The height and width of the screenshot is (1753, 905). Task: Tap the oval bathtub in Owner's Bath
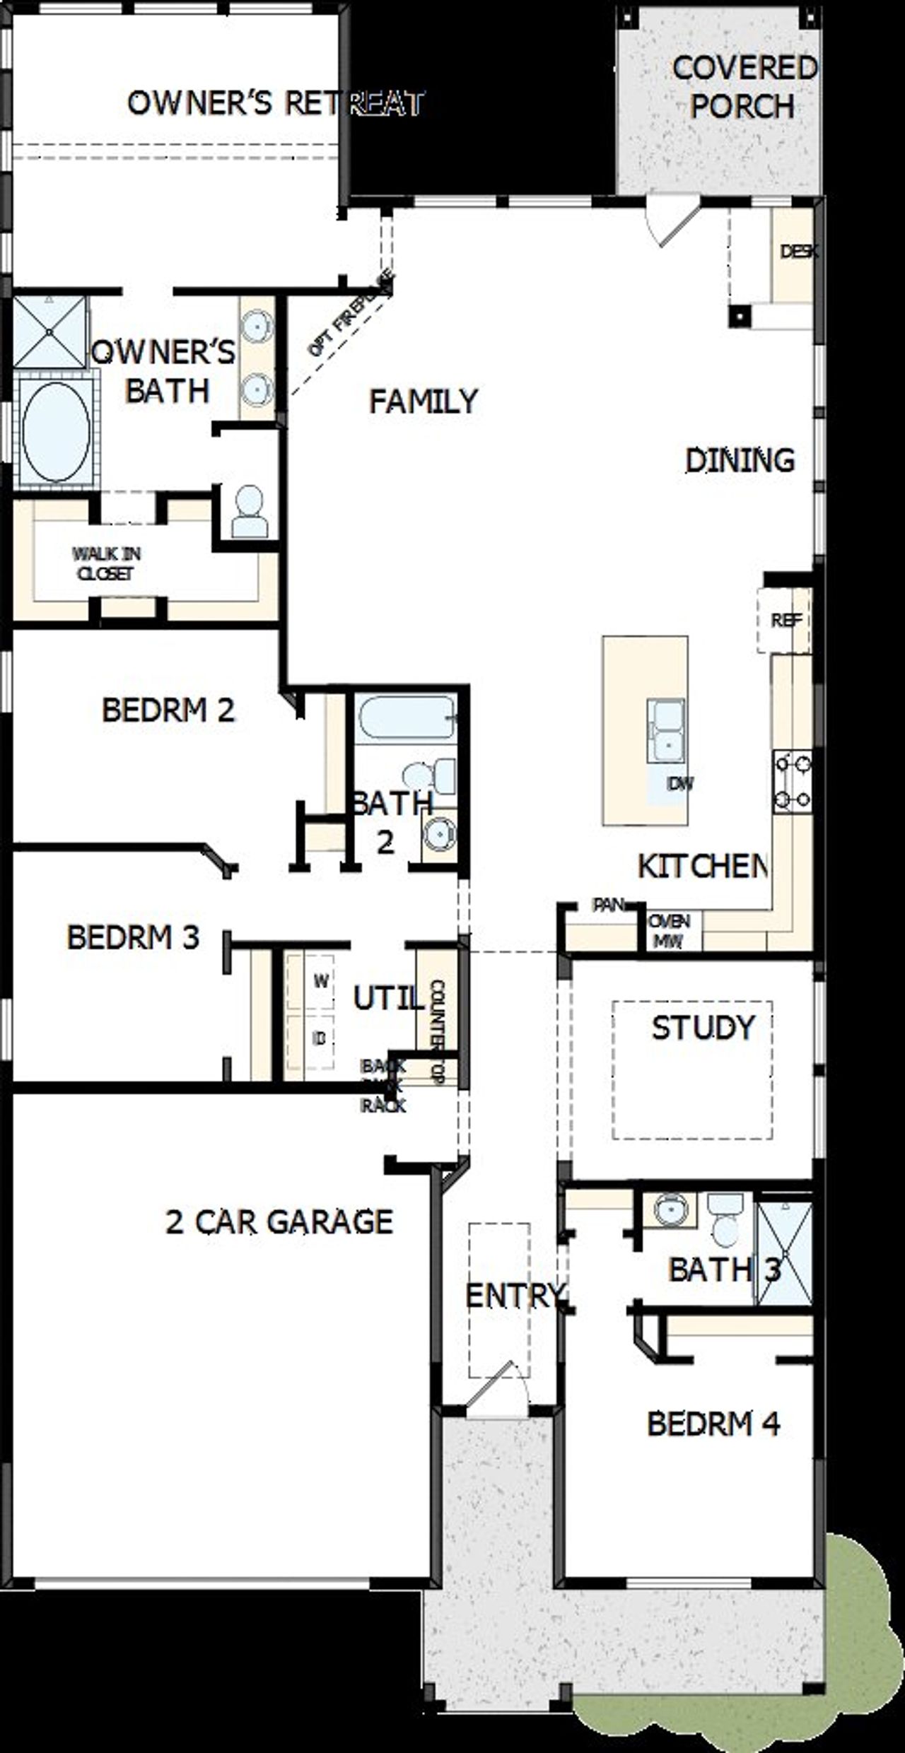point(55,432)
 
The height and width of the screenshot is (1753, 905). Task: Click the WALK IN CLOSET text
point(106,563)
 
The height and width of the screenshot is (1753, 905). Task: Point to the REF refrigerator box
point(786,620)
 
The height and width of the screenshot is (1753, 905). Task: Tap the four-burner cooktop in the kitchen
point(793,782)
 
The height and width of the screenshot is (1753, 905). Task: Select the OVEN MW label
point(668,931)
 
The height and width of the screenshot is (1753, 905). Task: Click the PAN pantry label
point(608,904)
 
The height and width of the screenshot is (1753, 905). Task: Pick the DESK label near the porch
point(798,251)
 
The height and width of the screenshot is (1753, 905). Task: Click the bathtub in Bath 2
point(405,718)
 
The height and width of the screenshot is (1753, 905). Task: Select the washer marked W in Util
point(320,981)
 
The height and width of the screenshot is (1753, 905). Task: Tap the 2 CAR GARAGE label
point(279,1221)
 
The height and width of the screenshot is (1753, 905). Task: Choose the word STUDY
point(703,1028)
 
